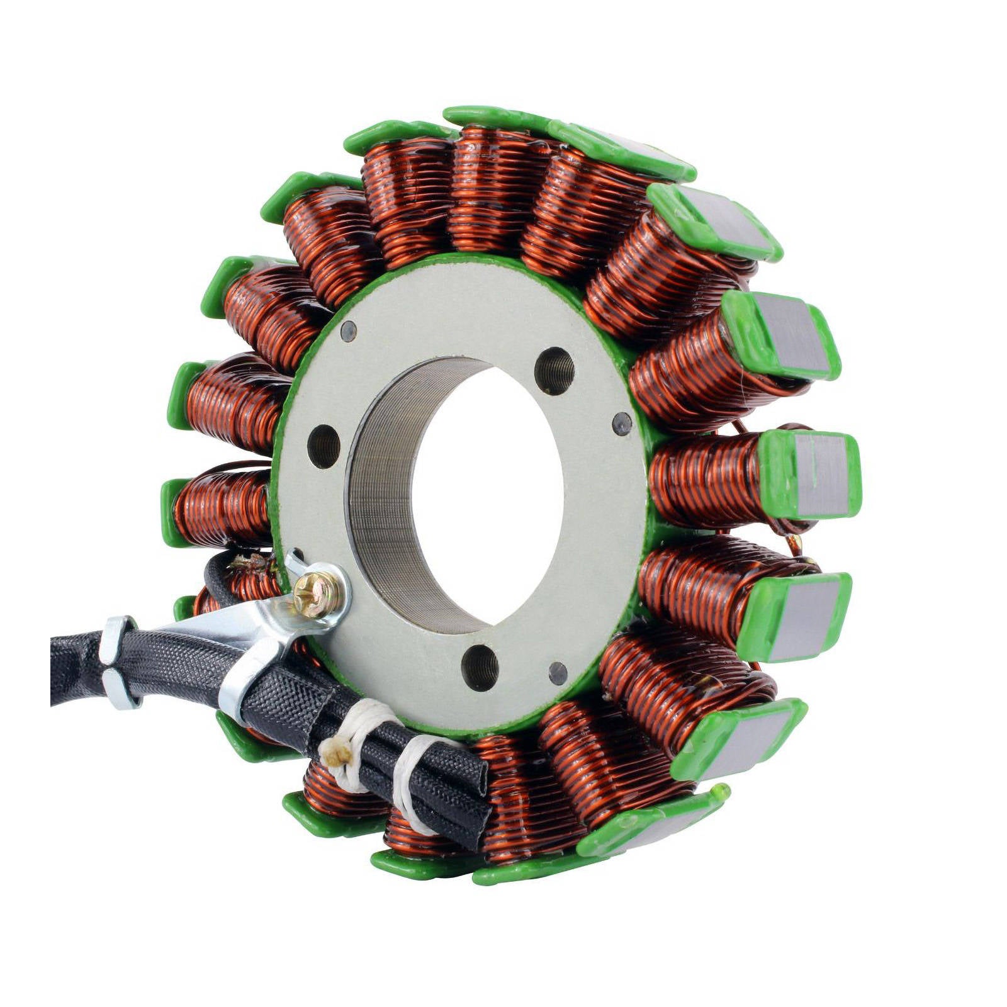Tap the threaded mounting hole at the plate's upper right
(x=554, y=371)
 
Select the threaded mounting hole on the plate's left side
(x=323, y=446)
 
